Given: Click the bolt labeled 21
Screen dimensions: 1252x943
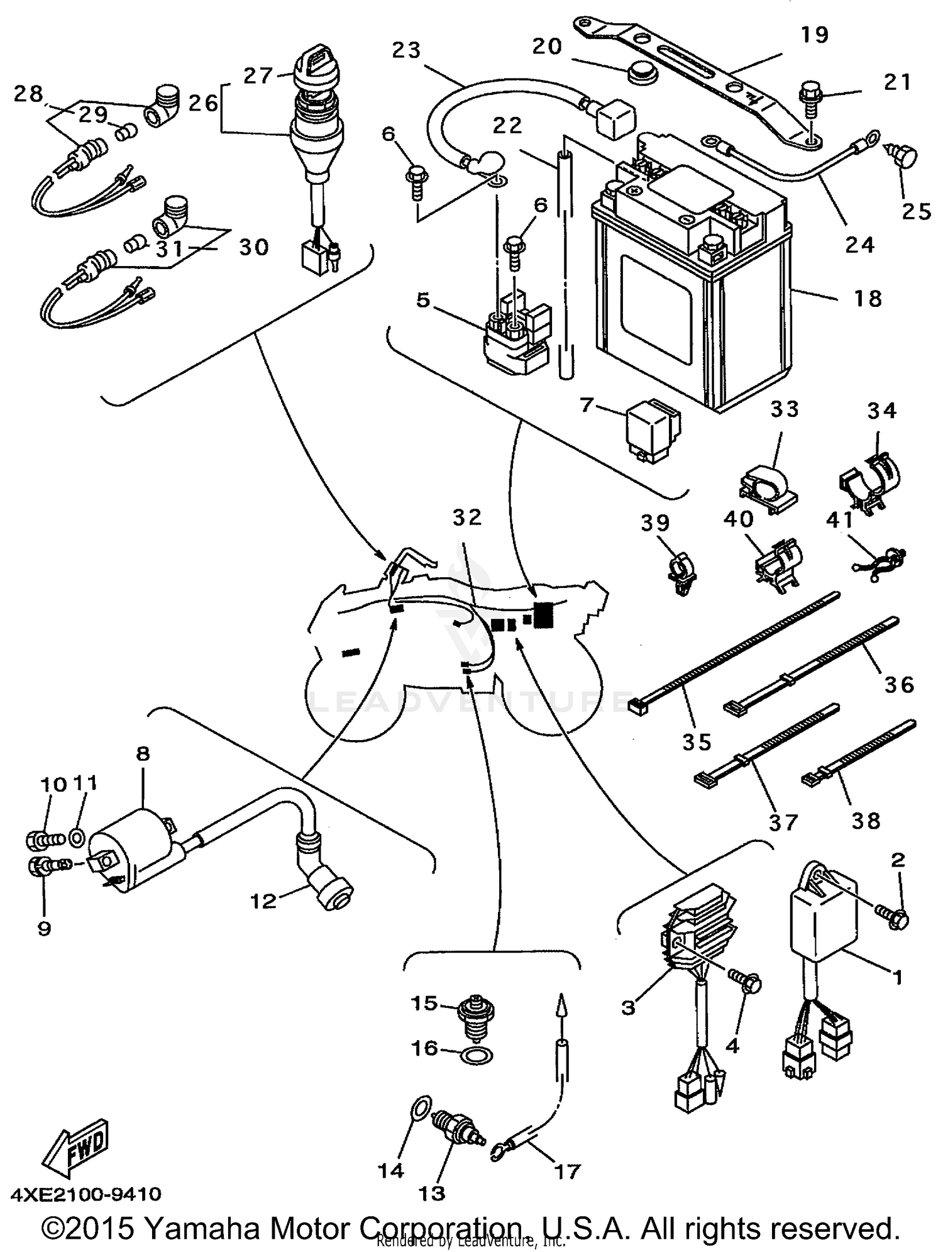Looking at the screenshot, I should [x=809, y=101].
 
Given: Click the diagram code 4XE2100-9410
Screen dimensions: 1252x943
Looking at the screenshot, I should [x=85, y=1194].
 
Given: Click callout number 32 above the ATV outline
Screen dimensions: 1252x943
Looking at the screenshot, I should [x=467, y=517].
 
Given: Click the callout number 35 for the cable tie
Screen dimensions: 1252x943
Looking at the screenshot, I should [x=697, y=741].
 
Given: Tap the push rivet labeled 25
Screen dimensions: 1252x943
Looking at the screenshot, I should [x=904, y=155].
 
